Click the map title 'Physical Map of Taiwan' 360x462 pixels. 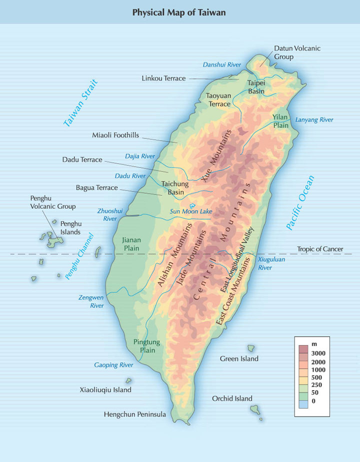pyautogui.click(x=179, y=12)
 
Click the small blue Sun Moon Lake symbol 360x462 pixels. pyautogui.click(x=192, y=204)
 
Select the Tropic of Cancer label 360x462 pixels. pyautogui.click(x=320, y=249)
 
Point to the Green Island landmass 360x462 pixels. pyautogui.click(x=251, y=348)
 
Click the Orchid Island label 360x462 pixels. pyautogui.click(x=232, y=398)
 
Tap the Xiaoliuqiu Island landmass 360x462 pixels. pyautogui.click(x=128, y=381)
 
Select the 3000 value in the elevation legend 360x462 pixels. pyautogui.click(x=318, y=353)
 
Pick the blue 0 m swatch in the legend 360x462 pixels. pyautogui.click(x=303, y=401)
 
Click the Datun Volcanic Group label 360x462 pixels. pyautogui.click(x=297, y=52)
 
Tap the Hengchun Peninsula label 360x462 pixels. pyautogui.click(x=134, y=414)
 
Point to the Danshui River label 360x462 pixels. pyautogui.click(x=221, y=64)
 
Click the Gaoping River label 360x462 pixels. pyautogui.click(x=113, y=365)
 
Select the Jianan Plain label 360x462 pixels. pyautogui.click(x=131, y=244)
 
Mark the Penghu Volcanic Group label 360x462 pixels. pyautogui.click(x=52, y=202)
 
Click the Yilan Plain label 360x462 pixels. pyautogui.click(x=280, y=121)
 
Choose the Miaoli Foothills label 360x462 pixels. pyautogui.click(x=115, y=135)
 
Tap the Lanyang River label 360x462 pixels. pyautogui.click(x=314, y=120)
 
